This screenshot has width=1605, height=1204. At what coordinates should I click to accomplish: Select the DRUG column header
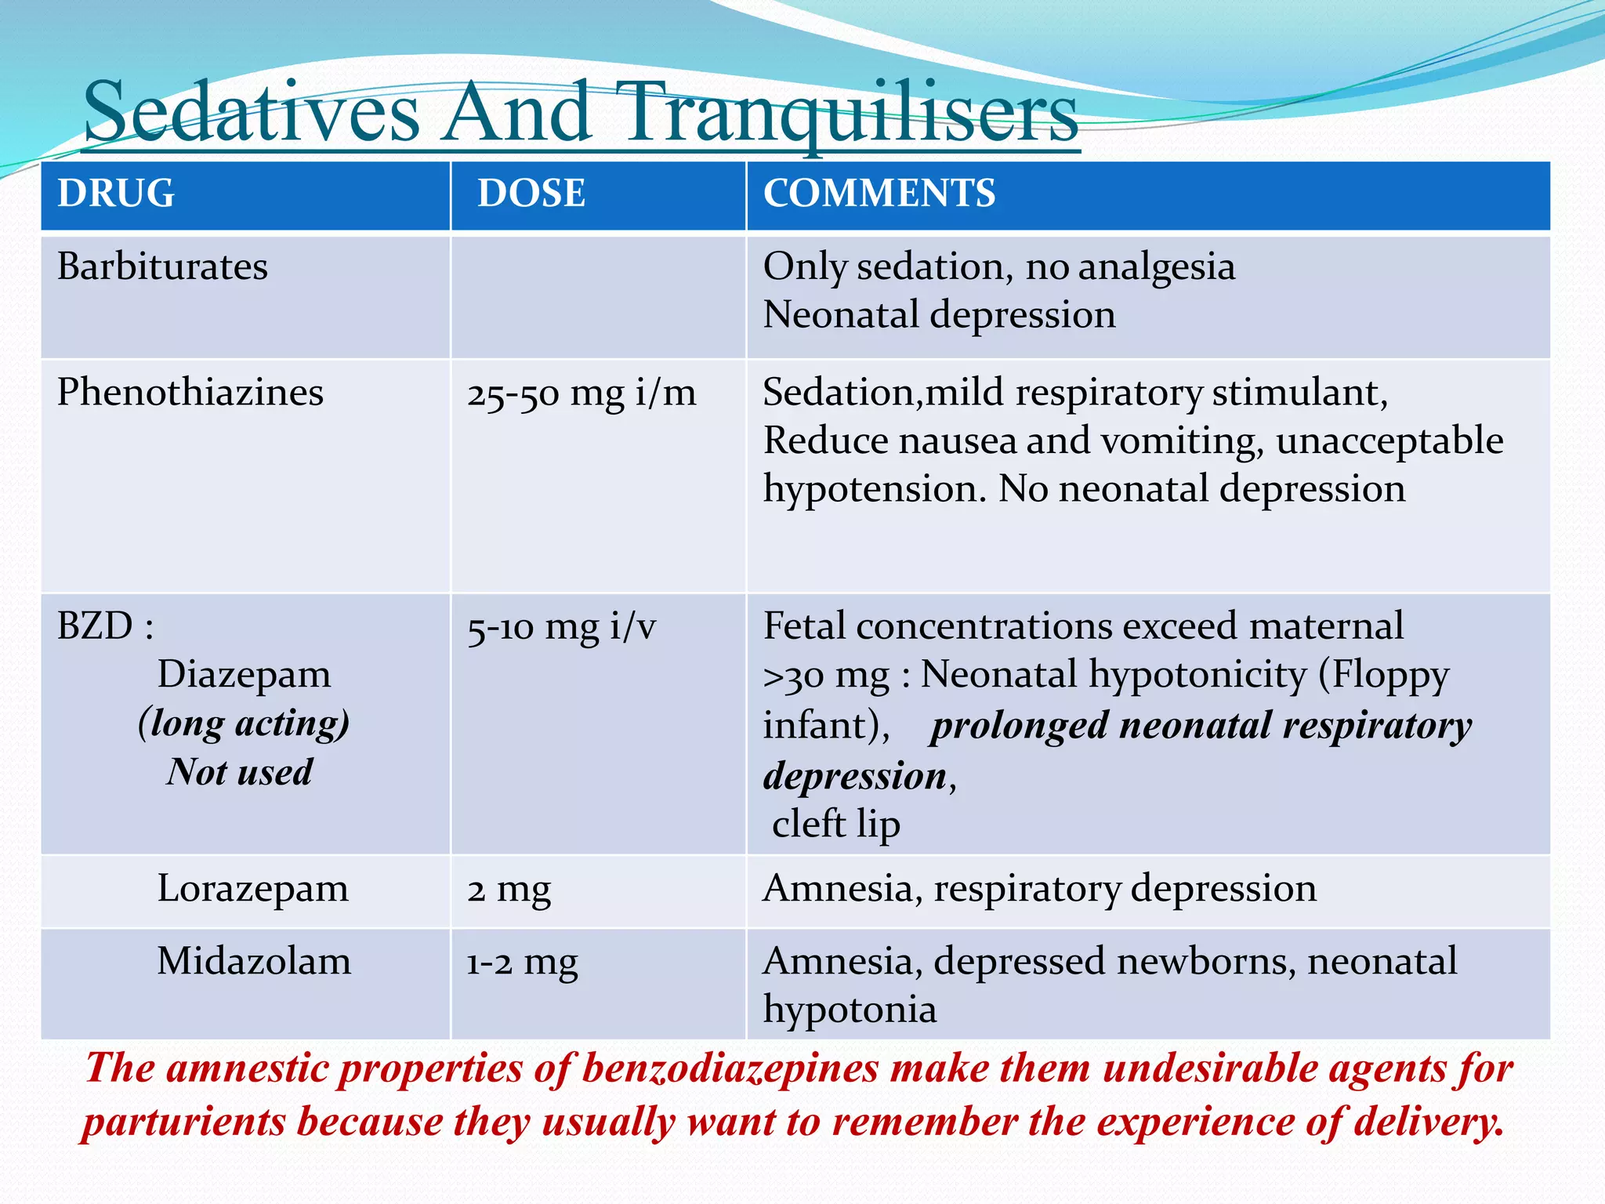point(116,193)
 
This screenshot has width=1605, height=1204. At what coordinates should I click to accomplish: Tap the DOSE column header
point(531,193)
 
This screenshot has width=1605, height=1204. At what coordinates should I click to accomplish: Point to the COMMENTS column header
point(879,193)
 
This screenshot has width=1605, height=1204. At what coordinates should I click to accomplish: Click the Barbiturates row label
point(162,267)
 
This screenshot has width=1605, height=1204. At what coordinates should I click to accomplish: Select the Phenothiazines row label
point(190,392)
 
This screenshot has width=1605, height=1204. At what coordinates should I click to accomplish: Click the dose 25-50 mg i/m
point(581,393)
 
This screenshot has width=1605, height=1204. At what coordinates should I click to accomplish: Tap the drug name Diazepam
point(244,674)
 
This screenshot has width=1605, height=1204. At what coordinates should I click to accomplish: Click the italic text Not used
point(240,772)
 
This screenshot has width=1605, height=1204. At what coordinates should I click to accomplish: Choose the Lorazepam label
point(252,889)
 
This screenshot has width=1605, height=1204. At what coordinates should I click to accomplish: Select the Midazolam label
point(254,961)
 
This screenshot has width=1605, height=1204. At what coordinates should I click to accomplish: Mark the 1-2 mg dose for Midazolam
point(522,962)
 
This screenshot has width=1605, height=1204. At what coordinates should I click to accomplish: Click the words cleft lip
point(835,824)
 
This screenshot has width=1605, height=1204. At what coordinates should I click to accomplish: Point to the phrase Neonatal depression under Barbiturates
point(939,315)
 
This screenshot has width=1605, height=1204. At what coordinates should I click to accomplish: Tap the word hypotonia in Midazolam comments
point(850,1010)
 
